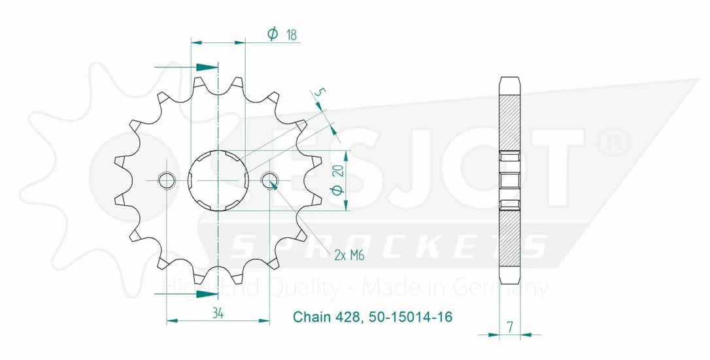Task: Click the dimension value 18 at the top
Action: tap(291, 35)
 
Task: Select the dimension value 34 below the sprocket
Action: tap(218, 313)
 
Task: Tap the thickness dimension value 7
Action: tap(511, 327)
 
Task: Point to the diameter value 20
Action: tap(340, 170)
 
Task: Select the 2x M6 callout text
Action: tap(349, 256)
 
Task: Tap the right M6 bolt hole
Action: tap(270, 180)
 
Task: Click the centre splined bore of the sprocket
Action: tap(218, 180)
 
